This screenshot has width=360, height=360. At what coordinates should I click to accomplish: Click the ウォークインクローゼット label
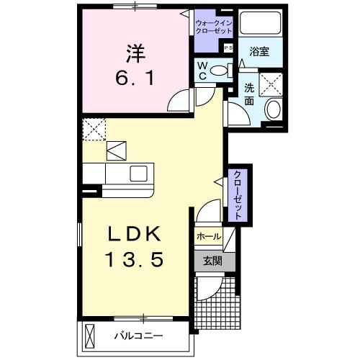[214, 28]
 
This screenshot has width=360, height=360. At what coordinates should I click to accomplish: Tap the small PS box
[228, 48]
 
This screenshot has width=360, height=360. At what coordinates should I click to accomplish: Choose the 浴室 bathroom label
[259, 52]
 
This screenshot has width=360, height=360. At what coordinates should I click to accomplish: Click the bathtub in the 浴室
[260, 24]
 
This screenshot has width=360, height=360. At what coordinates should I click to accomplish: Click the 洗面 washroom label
[249, 95]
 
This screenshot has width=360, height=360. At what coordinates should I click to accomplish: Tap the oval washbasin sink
[273, 110]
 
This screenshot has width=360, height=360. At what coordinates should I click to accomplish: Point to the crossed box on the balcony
[89, 336]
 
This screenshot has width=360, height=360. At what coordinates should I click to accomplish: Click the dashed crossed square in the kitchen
[94, 130]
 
